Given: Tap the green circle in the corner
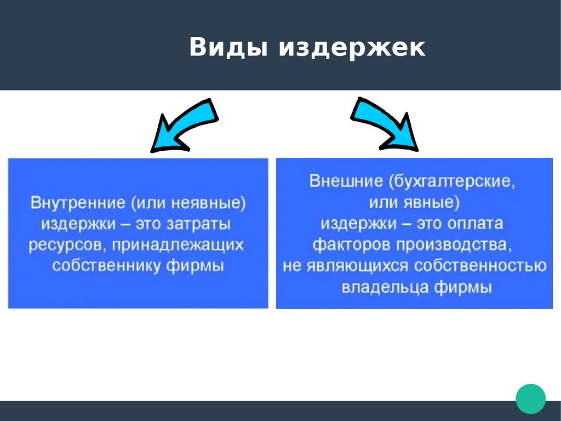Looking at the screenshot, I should coord(530,399).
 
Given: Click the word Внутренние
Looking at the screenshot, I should coord(78,203).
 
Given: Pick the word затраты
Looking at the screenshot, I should coord(199,224).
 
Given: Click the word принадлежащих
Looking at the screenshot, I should coord(175,245).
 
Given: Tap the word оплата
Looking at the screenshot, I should coord(476,224).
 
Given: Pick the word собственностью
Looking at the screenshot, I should coord(480,265).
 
